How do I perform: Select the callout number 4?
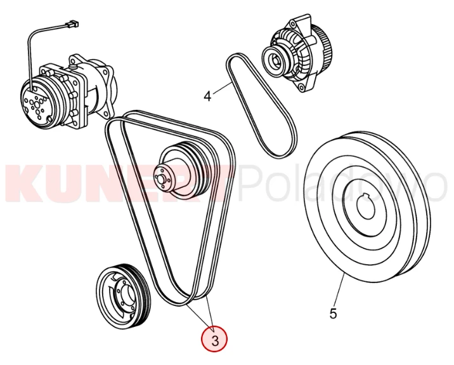(x=207, y=96)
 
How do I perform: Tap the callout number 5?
(x=334, y=314)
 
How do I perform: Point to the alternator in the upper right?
(x=297, y=55)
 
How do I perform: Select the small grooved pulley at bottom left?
(x=123, y=296)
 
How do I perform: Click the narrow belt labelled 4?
(x=261, y=104)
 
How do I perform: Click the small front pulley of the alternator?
(x=274, y=60)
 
